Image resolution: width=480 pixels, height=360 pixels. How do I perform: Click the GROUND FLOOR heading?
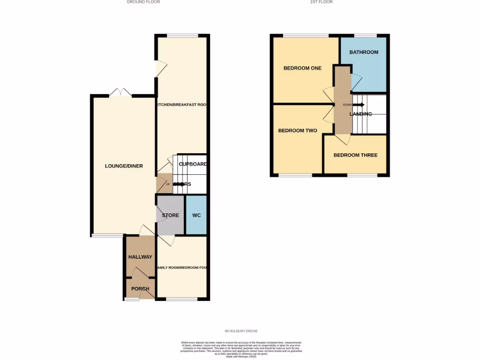(143, 2)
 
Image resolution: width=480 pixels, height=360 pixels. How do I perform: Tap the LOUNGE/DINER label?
(124, 166)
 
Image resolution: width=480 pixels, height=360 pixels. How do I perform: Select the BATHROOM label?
(363, 52)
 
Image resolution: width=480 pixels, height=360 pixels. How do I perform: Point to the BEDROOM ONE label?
(302, 68)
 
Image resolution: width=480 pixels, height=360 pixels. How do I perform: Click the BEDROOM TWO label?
(298, 131)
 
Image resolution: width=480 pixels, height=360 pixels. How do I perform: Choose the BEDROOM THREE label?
(355, 155)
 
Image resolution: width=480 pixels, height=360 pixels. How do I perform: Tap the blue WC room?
(196, 215)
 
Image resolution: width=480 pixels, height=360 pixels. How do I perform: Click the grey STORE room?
(170, 215)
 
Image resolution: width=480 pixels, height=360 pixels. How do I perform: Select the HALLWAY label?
(140, 257)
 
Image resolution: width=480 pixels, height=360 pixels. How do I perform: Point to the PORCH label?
(140, 289)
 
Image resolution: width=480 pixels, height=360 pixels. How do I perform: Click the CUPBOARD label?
(193, 164)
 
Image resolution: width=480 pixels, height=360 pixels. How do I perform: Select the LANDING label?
(360, 114)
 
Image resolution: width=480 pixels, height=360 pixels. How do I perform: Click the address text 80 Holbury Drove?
(241, 331)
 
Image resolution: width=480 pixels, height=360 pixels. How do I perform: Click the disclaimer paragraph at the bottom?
(241, 349)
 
